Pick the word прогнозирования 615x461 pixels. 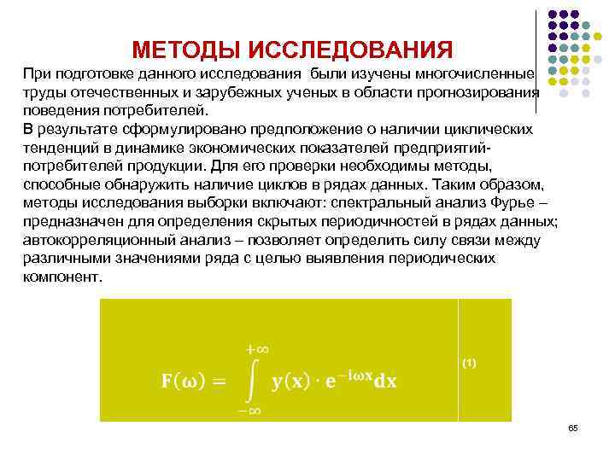click(x=484, y=92)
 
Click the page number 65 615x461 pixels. click(x=573, y=426)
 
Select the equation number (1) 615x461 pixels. click(x=469, y=363)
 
